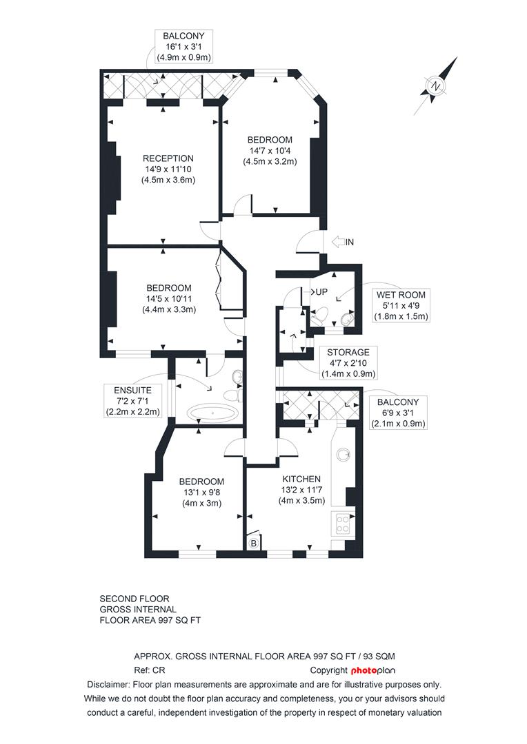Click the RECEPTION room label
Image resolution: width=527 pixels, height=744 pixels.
click(x=169, y=158)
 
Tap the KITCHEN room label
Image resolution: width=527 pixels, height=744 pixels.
click(x=301, y=479)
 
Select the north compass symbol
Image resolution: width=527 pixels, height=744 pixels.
click(x=436, y=87)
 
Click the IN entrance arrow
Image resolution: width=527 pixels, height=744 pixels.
click(x=343, y=242)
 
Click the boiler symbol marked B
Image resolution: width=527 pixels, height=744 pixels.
click(x=254, y=544)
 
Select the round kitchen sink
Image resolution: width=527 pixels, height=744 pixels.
click(x=343, y=455)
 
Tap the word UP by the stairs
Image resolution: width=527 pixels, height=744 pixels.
click(x=321, y=292)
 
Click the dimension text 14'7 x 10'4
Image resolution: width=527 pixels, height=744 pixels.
click(x=270, y=150)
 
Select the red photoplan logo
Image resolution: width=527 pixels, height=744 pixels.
click(x=373, y=670)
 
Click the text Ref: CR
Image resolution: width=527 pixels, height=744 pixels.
click(x=150, y=670)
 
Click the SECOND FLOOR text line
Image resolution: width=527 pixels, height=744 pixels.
click(x=135, y=599)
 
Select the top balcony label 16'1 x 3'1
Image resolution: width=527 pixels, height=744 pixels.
click(x=183, y=46)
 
